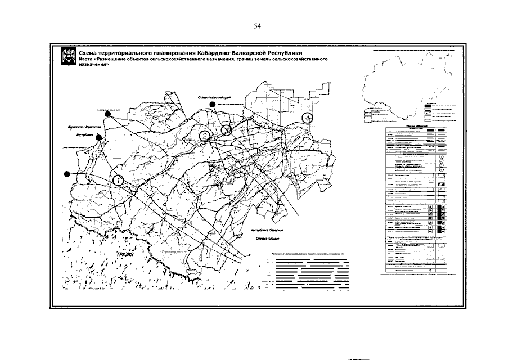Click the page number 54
point(257,26)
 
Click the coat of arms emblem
point(70,57)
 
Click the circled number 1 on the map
point(118,180)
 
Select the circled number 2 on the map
point(205,136)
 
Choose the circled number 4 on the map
point(307,118)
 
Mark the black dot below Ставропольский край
point(211,105)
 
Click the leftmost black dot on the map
point(67,174)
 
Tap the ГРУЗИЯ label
point(128,255)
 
